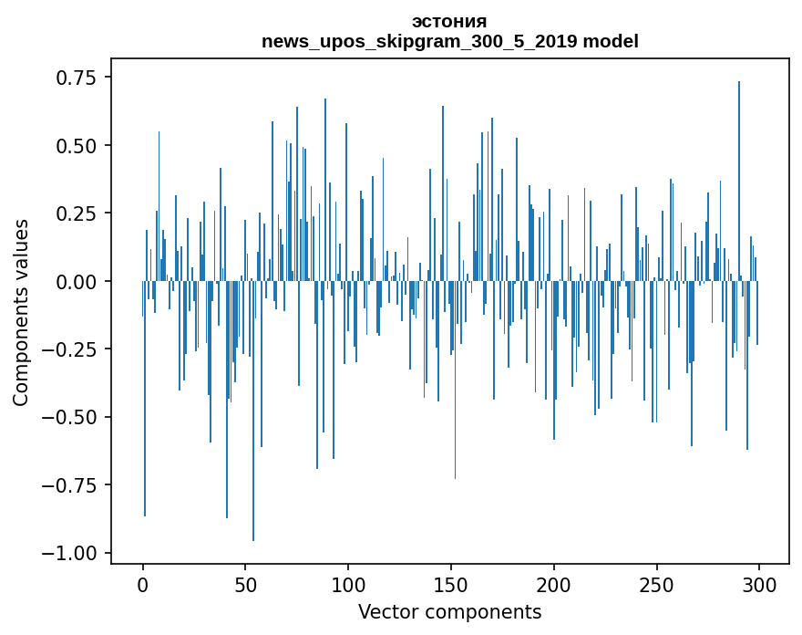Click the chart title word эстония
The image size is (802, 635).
pyautogui.click(x=449, y=22)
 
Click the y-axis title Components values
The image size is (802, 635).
pyautogui.click(x=21, y=312)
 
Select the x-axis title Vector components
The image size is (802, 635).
pyautogui.click(x=449, y=612)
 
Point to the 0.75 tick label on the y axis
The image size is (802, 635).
pyautogui.click(x=77, y=78)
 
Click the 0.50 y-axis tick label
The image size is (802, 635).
pyautogui.click(x=77, y=146)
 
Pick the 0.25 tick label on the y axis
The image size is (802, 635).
pyautogui.click(x=77, y=213)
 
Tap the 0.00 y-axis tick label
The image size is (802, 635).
pyautogui.click(x=77, y=282)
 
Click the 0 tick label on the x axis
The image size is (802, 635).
pyautogui.click(x=143, y=585)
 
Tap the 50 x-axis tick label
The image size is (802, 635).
pyautogui.click(x=245, y=585)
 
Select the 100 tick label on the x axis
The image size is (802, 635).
pyautogui.click(x=348, y=585)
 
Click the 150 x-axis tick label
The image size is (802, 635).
pyautogui.click(x=451, y=585)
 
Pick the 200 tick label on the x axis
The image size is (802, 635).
pyautogui.click(x=553, y=585)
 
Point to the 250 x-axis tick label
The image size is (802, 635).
pyautogui.click(x=656, y=585)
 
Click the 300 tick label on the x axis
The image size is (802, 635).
pyautogui.click(x=758, y=585)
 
